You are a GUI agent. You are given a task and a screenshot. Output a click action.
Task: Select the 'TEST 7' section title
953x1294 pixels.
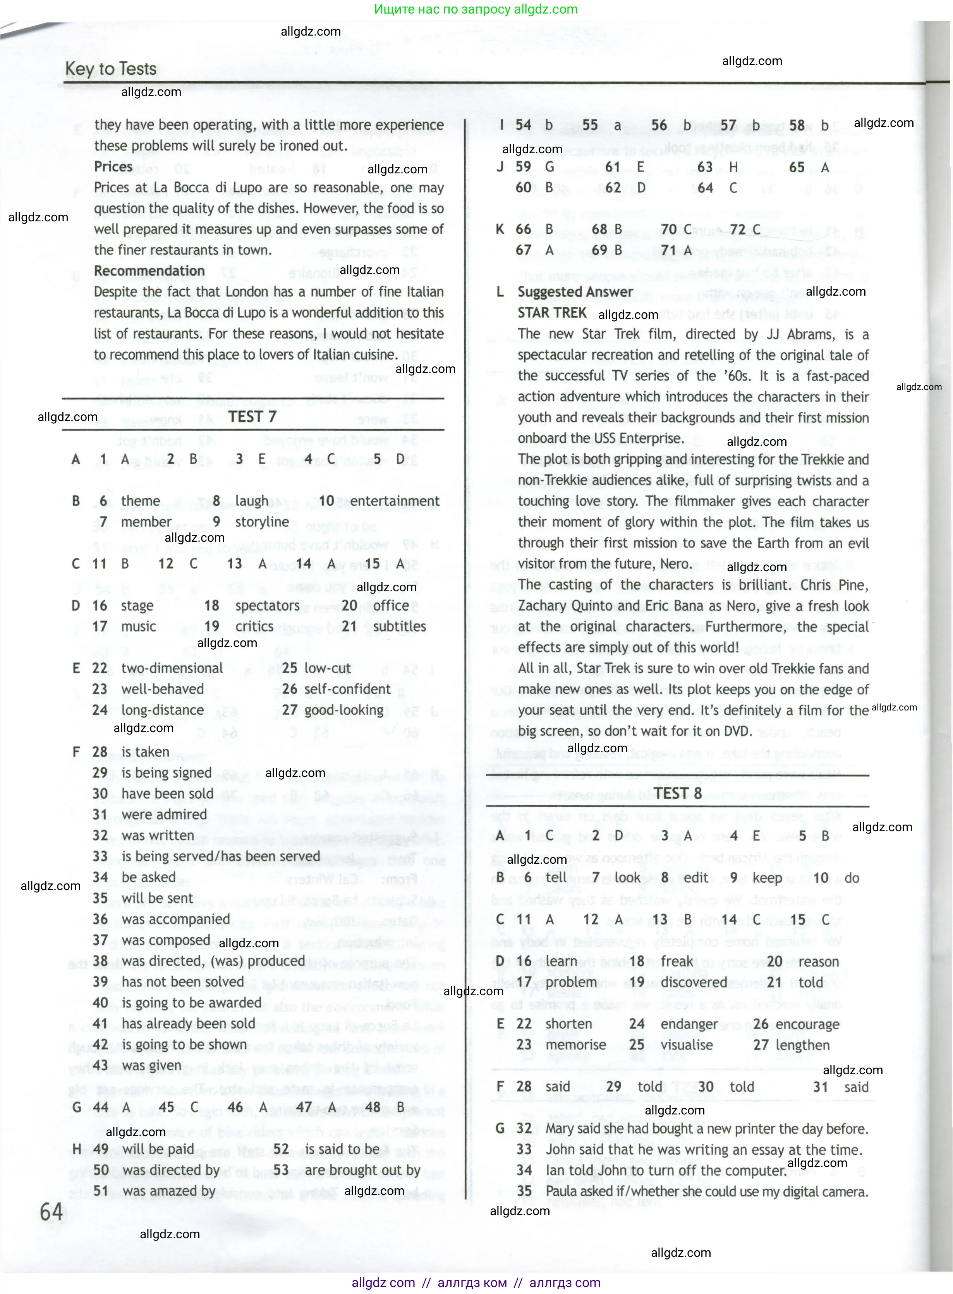tap(252, 417)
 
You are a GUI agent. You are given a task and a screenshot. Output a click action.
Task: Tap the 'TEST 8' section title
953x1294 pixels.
tap(678, 794)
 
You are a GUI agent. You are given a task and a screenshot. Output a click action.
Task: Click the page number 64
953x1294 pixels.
tap(52, 1212)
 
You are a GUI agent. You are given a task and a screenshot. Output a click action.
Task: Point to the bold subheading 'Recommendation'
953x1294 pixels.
tap(149, 271)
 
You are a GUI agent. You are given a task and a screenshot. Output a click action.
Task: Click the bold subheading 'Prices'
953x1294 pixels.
tap(113, 166)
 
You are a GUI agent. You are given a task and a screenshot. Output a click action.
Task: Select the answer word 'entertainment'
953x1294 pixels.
tap(395, 501)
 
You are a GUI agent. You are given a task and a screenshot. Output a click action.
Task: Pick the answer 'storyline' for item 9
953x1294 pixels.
tap(262, 522)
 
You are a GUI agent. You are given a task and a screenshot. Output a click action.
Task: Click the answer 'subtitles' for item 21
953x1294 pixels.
tap(399, 626)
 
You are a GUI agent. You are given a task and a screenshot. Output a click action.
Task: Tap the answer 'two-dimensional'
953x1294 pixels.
tap(172, 668)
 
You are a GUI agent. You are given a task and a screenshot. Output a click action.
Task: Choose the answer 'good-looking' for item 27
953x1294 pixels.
tap(344, 710)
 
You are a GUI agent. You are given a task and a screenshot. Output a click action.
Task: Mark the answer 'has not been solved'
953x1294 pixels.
tap(182, 982)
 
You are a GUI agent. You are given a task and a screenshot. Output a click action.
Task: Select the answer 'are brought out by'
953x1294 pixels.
tap(362, 1170)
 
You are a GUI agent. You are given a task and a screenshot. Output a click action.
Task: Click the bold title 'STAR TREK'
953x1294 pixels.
tap(552, 313)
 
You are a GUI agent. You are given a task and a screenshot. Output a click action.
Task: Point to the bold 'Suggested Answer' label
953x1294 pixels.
tap(575, 292)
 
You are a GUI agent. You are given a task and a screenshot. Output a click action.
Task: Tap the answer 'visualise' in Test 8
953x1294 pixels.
tap(687, 1045)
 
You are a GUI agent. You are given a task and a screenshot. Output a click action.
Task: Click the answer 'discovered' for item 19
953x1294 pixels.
tap(694, 982)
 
